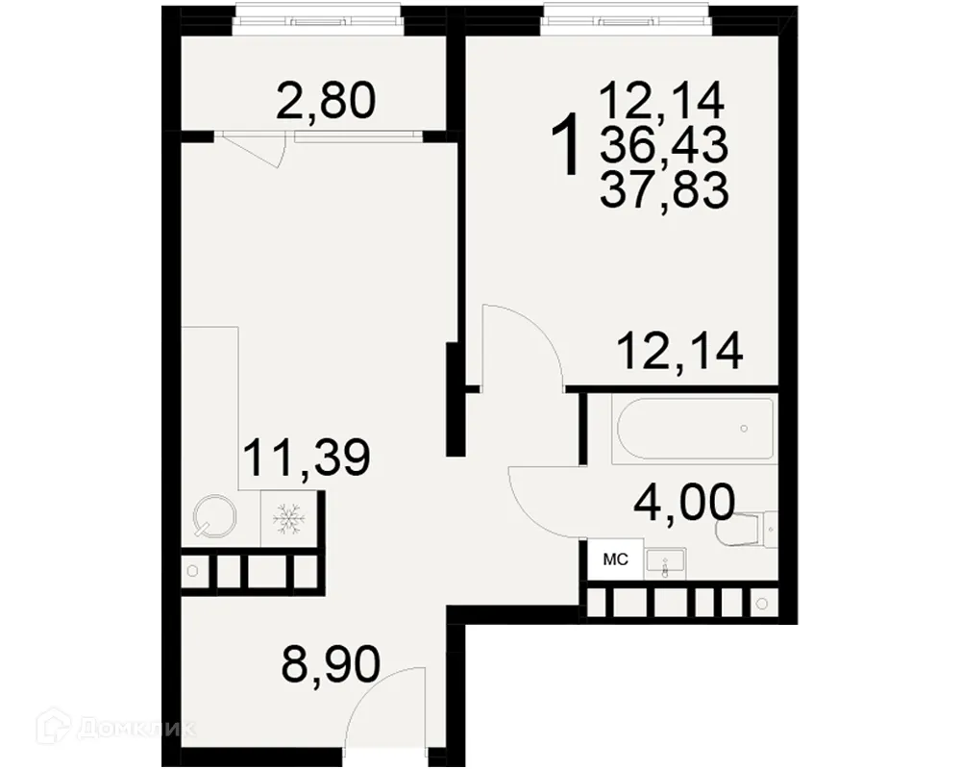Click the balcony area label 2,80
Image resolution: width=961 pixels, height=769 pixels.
click(x=324, y=100)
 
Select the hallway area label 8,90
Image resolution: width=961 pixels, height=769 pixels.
click(x=331, y=662)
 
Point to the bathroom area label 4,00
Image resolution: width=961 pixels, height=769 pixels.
click(x=684, y=501)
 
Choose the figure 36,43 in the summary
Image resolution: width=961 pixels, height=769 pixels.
click(x=663, y=145)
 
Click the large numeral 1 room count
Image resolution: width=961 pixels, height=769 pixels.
click(x=569, y=145)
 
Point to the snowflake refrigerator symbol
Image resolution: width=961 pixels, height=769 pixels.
click(x=288, y=519)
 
